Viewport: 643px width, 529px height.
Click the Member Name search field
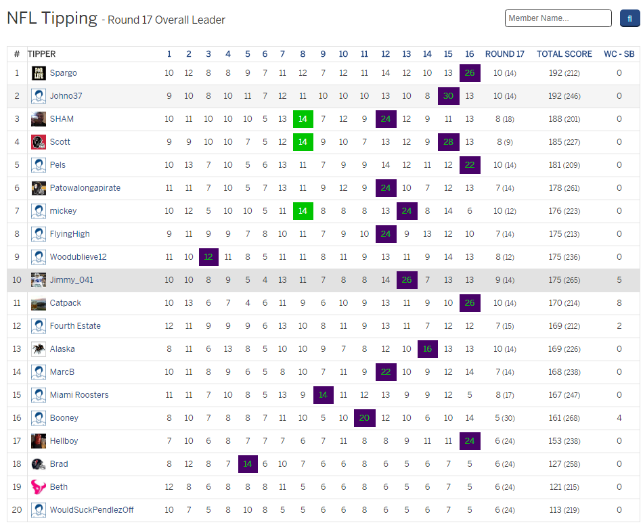point(558,18)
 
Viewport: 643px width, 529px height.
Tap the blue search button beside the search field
point(629,18)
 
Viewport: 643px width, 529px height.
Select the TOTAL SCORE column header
point(564,54)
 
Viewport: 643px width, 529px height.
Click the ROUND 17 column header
point(504,54)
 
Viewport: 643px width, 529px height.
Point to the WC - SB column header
point(619,54)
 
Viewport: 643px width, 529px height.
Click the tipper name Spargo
point(63,73)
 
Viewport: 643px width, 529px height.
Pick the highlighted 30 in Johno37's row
point(448,96)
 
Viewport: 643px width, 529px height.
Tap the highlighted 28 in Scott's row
point(448,142)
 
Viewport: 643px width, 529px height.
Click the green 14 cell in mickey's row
point(303,211)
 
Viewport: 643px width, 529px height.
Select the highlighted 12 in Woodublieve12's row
point(208,257)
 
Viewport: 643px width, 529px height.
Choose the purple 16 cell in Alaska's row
point(427,349)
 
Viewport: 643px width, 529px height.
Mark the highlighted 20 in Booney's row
point(364,418)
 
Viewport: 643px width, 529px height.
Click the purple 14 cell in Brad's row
point(248,464)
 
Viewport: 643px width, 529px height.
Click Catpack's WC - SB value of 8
point(619,303)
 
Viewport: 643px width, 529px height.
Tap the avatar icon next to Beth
point(39,487)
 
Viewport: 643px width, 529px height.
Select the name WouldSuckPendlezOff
point(91,510)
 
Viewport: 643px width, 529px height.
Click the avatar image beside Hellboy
point(39,441)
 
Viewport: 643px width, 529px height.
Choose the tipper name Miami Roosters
point(79,395)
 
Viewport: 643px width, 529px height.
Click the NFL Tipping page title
point(52,18)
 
